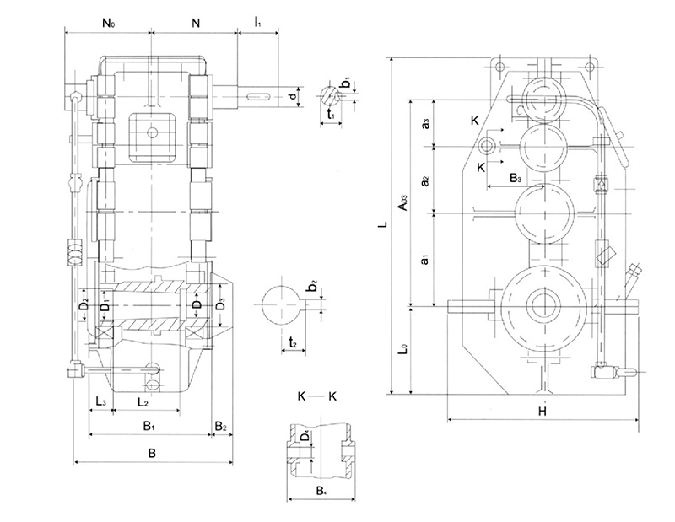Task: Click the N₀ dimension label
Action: click(x=109, y=24)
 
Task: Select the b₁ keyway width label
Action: click(x=346, y=83)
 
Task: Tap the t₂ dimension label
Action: click(x=291, y=342)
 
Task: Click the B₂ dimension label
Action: click(x=221, y=427)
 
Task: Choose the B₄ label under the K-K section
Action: click(x=321, y=489)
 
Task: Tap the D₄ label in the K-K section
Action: click(x=305, y=439)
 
